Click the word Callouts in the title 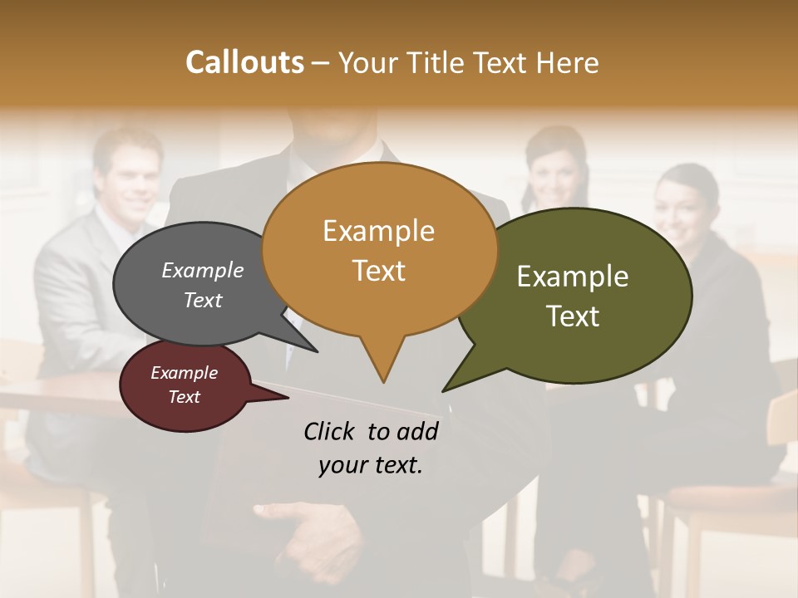pos(244,62)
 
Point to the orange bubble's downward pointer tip pos(383,381)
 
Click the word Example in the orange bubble pos(378,231)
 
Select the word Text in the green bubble pos(573,316)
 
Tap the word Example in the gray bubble pos(203,270)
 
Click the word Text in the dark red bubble pos(185,397)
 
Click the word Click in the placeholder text pos(328,431)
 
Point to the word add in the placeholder pos(418,431)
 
